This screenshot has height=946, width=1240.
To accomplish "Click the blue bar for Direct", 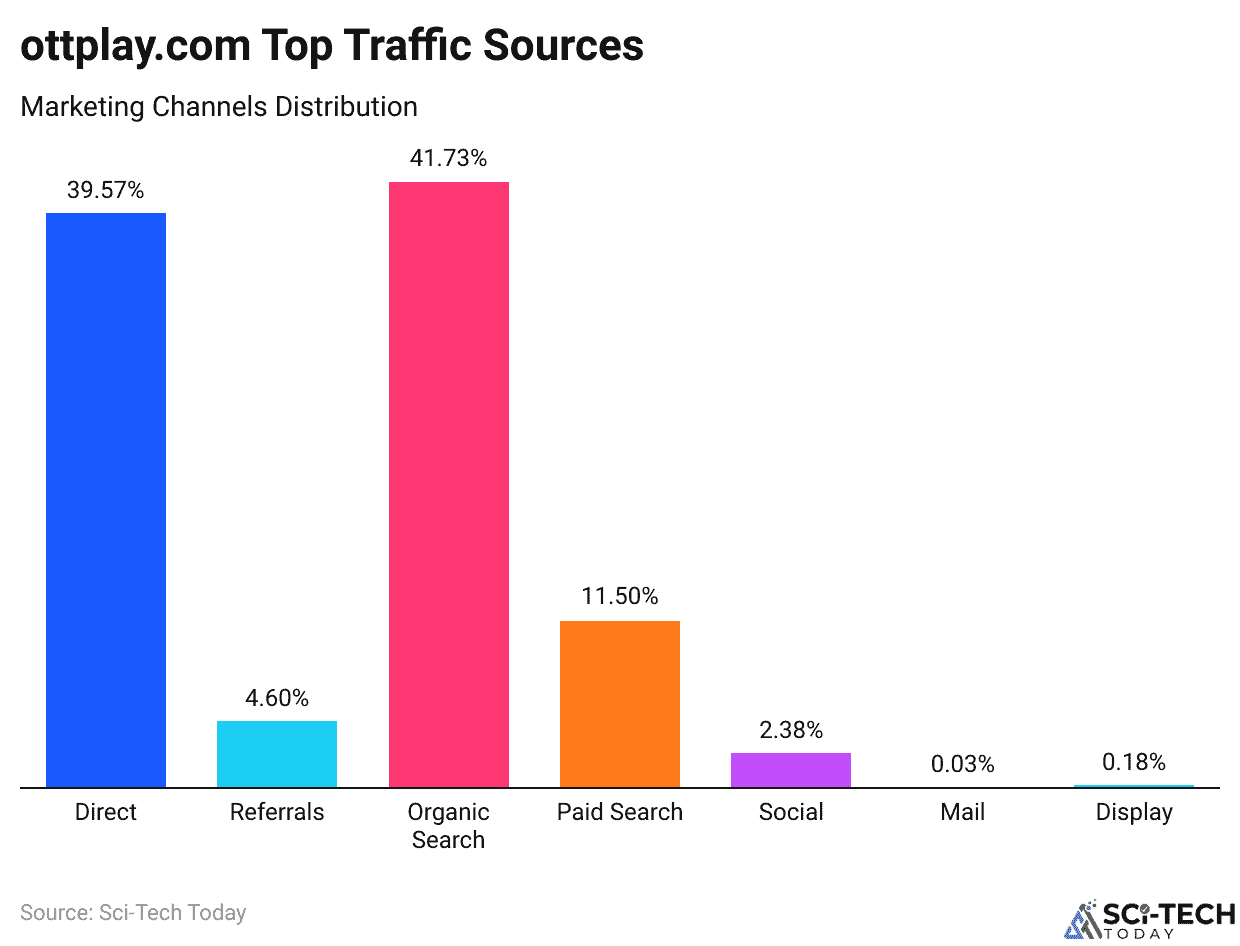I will pyautogui.click(x=106, y=500).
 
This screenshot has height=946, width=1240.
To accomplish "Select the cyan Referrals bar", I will pyautogui.click(x=277, y=754).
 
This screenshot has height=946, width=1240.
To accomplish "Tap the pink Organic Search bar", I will pyautogui.click(x=449, y=485).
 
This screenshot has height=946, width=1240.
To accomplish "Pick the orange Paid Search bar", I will pyautogui.click(x=620, y=704).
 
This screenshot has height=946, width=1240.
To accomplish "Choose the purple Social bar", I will pyautogui.click(x=791, y=770).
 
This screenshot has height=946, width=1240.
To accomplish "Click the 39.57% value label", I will pyautogui.click(x=106, y=190).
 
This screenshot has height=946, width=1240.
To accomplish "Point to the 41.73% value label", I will pyautogui.click(x=448, y=158).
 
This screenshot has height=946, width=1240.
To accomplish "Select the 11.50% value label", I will pyautogui.click(x=620, y=597).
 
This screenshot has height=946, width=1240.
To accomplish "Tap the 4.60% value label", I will pyautogui.click(x=277, y=698).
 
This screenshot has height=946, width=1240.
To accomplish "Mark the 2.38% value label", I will pyautogui.click(x=791, y=730).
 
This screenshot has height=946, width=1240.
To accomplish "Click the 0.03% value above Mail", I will pyautogui.click(x=962, y=765).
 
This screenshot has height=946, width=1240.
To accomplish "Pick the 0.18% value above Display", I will pyautogui.click(x=1134, y=762).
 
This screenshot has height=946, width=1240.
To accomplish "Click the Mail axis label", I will pyautogui.click(x=962, y=812).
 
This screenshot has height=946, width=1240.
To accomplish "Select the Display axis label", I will pyautogui.click(x=1134, y=812).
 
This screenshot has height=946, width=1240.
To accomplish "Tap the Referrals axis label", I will pyautogui.click(x=277, y=812).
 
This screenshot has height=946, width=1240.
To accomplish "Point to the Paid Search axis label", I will pyautogui.click(x=620, y=812).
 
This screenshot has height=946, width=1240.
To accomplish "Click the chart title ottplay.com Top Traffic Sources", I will pyautogui.click(x=332, y=46).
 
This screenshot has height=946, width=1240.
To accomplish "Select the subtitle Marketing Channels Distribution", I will pyautogui.click(x=219, y=106).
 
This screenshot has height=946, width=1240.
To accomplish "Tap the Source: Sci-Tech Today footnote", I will pyautogui.click(x=133, y=912).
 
